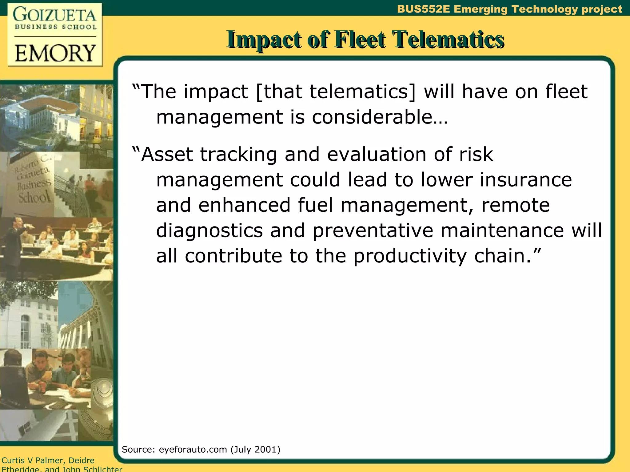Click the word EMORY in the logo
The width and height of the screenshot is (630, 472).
coord(55,53)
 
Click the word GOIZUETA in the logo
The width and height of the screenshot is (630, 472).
coord(55,15)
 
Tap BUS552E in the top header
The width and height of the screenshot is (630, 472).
coord(424,9)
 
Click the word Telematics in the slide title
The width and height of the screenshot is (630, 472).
coord(448,40)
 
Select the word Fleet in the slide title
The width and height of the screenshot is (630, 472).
coord(360,40)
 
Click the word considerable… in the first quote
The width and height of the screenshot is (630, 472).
coord(380,117)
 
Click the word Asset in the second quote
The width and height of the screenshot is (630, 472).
coord(166,154)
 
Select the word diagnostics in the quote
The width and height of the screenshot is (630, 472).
coord(209,230)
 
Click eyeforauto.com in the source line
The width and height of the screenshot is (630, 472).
coord(193,450)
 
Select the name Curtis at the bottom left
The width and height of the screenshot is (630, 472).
coord(13,460)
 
